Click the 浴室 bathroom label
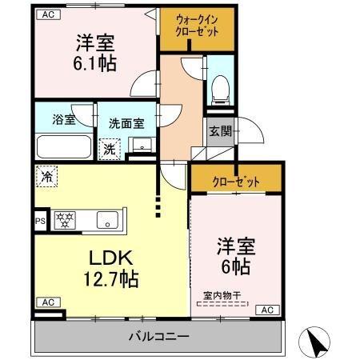click(x=65, y=121)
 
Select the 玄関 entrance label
click(x=219, y=131)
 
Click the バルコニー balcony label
click(x=158, y=335)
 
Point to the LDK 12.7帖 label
click(x=110, y=268)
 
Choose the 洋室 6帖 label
click(x=237, y=255)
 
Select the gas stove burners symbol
click(x=64, y=218)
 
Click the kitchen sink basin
click(x=106, y=218)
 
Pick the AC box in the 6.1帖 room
click(x=47, y=14)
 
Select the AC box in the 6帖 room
click(x=268, y=310)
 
